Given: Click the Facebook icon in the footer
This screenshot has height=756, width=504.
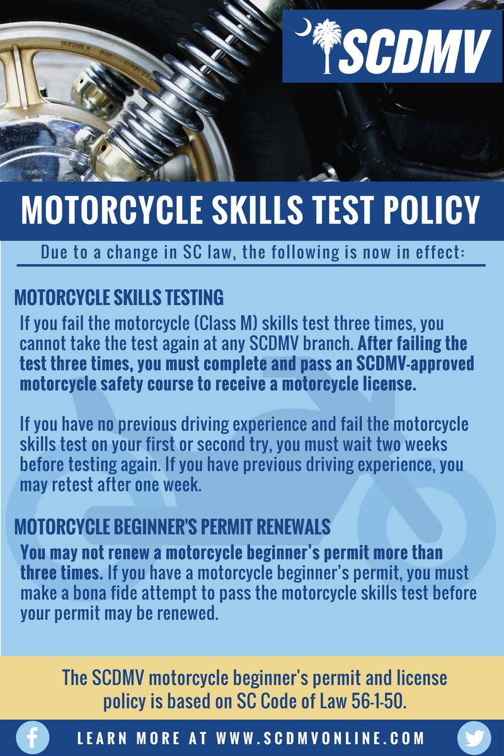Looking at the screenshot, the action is (x=32, y=738).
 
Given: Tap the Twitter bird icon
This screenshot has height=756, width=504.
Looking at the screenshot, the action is (x=474, y=738).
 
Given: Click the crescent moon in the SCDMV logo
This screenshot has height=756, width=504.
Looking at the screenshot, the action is (x=303, y=27).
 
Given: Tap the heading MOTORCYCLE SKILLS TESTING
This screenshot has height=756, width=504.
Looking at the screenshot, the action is (x=119, y=297).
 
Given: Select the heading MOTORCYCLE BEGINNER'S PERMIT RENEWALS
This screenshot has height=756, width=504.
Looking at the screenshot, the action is (x=172, y=527).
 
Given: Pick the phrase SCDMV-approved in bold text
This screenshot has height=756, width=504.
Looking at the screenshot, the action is (x=415, y=364).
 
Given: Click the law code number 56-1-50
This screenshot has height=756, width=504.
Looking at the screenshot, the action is (x=379, y=701).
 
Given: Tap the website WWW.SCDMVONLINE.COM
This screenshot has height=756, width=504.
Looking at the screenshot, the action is (x=320, y=738).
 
